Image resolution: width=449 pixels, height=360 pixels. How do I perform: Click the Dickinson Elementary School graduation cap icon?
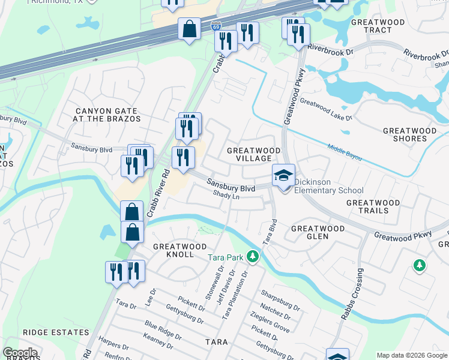(x=284, y=175)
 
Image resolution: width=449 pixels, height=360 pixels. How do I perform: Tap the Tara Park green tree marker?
(x=253, y=257)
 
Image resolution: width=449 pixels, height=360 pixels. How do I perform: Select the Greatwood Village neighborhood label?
(x=253, y=154)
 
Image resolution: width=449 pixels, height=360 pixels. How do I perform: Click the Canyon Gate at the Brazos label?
(x=107, y=115)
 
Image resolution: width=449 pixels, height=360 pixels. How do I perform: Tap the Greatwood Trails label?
(x=373, y=207)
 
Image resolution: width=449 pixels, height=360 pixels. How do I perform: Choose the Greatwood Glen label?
(x=318, y=233)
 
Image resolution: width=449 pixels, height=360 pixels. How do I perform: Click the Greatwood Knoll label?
(x=179, y=250)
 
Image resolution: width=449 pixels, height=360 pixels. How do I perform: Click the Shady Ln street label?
(x=227, y=196)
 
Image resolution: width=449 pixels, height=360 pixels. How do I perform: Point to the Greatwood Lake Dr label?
(x=325, y=110)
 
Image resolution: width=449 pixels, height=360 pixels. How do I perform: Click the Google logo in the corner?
(x=20, y=353)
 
